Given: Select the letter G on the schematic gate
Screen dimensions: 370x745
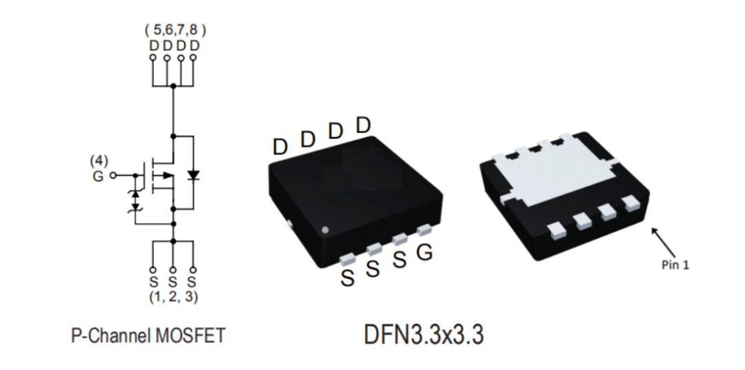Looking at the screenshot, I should (x=99, y=176).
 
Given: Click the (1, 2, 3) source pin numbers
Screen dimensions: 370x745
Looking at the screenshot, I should (x=172, y=298).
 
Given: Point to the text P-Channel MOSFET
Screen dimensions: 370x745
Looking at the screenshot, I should (x=148, y=336).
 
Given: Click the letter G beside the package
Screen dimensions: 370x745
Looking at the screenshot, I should (x=425, y=254).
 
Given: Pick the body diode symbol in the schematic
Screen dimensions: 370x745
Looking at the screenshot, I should (x=193, y=175).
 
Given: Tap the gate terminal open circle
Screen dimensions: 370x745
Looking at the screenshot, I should (x=115, y=176).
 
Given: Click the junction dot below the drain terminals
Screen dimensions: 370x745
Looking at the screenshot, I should (x=173, y=86).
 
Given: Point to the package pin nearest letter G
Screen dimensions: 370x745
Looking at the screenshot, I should (x=422, y=229).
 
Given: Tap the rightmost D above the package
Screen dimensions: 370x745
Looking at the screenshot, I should (x=364, y=125).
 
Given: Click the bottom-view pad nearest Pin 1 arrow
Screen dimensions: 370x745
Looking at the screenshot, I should (x=629, y=203).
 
